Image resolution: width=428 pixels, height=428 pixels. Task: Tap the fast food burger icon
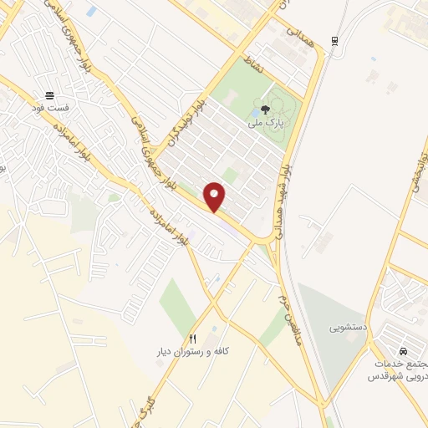click(50, 95)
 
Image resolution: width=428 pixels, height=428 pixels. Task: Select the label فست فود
click(50, 110)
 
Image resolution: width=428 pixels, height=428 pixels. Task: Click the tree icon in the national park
click(265, 109)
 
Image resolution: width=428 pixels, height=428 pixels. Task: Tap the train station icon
click(334, 40)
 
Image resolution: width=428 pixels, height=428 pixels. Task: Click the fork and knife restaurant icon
click(193, 339)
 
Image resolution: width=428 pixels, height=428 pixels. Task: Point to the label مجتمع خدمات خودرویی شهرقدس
click(395, 369)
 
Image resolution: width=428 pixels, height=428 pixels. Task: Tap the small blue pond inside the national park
click(254, 114)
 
